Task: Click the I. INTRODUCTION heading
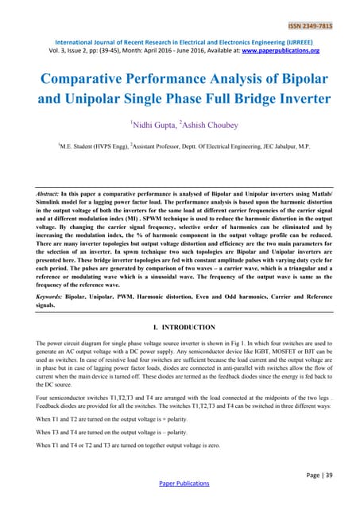(x=177, y=327)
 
